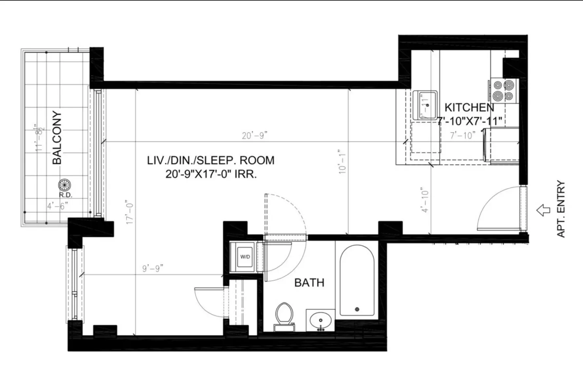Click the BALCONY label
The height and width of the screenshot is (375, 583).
[57, 138]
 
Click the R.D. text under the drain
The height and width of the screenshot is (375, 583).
[66, 195]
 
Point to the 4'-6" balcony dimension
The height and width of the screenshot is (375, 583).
[57, 206]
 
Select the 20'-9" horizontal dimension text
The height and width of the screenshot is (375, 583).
[255, 136]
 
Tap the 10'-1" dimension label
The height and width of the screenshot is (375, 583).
[342, 162]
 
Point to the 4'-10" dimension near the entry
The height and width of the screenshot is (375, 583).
[425, 200]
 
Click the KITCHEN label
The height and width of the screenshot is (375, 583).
[469, 107]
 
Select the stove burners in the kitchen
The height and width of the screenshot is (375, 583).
[503, 91]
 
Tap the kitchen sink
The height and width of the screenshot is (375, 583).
[425, 105]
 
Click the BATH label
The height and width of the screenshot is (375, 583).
[309, 283]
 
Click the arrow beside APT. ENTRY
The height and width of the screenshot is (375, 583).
[543, 210]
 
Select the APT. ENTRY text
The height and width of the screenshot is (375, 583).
[561, 209]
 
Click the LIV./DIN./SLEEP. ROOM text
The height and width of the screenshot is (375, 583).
[211, 161]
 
